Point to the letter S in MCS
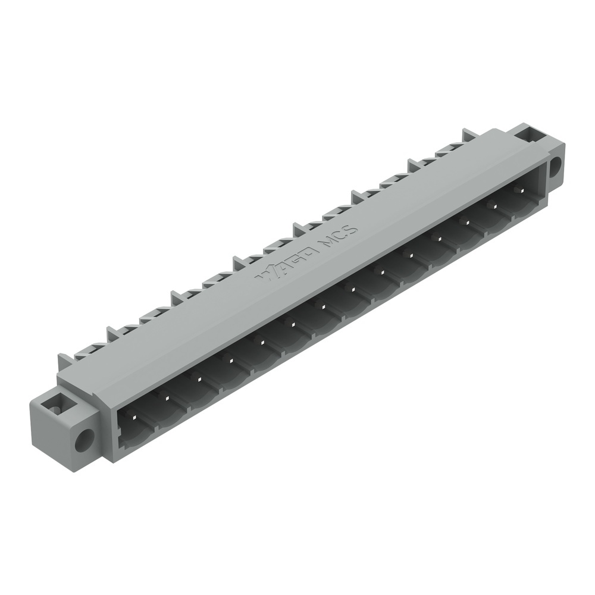(x=352, y=229)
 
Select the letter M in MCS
(x=325, y=244)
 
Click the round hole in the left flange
(x=84, y=440)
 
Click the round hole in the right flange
(x=555, y=166)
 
